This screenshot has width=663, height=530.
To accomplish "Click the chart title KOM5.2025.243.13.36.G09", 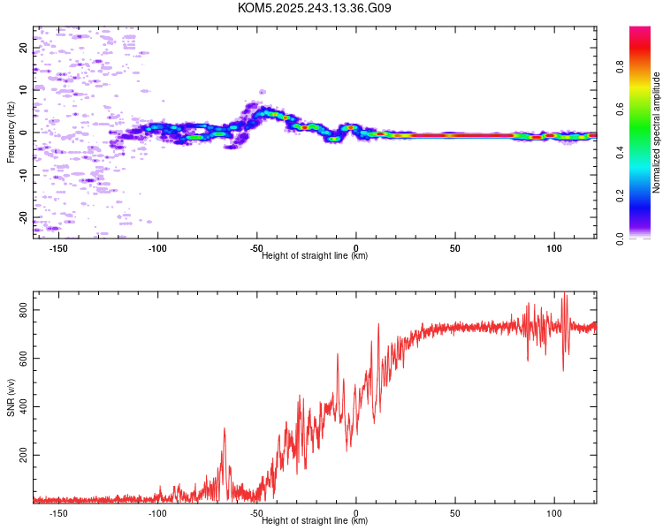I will point(315,8).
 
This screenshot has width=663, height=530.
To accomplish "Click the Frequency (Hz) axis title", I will point(11,132).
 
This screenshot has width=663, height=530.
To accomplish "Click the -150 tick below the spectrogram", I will point(59,249).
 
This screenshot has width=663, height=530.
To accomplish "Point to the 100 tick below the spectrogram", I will point(554,249).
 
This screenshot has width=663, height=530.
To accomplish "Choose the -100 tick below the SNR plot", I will point(158,513).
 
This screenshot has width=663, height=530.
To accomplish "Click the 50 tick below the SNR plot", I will point(455,513).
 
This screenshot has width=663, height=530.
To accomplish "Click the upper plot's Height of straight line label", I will point(315,256).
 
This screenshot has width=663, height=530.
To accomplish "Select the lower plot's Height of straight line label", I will point(315,520).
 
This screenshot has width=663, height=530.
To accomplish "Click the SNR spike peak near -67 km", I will point(225,429).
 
